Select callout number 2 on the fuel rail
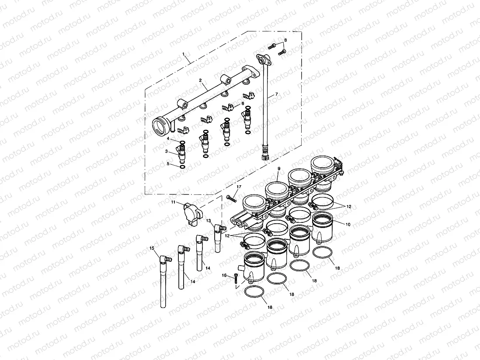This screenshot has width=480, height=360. (x=200, y=80)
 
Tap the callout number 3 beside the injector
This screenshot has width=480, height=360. (x=166, y=151)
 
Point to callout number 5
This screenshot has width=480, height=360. (x=168, y=164)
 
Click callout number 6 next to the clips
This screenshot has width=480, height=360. (x=243, y=104)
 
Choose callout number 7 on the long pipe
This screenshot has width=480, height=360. (x=276, y=95)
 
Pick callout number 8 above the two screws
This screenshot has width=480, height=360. (x=285, y=40)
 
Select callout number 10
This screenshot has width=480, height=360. (x=348, y=224)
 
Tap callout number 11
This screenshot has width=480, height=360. (x=173, y=202)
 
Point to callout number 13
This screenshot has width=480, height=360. (x=209, y=221)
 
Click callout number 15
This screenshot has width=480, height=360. (x=152, y=248)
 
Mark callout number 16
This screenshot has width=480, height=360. (x=224, y=275)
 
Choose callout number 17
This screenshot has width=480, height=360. (x=239, y=187)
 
